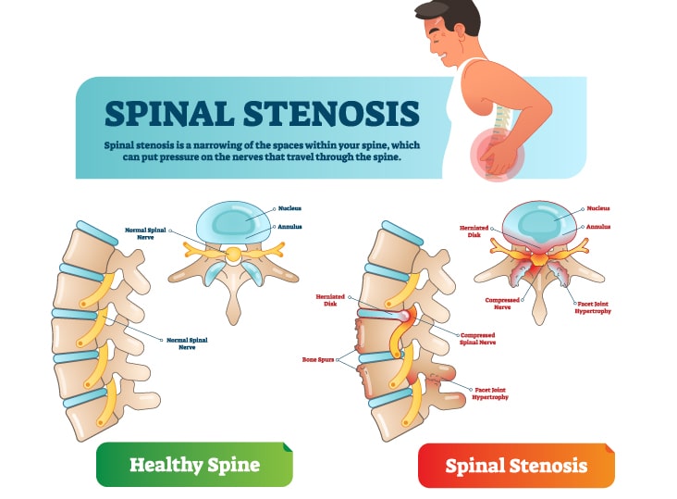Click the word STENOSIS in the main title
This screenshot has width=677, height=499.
(x=331, y=113)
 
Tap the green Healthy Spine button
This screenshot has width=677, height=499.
(x=194, y=465)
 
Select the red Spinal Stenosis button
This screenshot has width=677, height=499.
(x=516, y=466)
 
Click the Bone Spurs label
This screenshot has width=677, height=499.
(x=318, y=359)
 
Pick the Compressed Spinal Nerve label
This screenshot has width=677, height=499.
(x=477, y=339)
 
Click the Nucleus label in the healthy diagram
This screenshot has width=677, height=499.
(x=289, y=208)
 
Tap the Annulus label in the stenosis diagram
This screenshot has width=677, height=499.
(x=598, y=227)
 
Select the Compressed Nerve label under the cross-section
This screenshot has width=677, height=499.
(x=502, y=304)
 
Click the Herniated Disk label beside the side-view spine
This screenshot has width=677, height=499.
(x=330, y=300)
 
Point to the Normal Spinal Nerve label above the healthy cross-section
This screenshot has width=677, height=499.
(x=145, y=233)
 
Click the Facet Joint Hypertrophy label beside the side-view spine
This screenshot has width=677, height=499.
(x=490, y=393)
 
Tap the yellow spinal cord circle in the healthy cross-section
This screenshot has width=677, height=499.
(x=234, y=254)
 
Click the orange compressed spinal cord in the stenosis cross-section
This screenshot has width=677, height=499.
(x=539, y=259)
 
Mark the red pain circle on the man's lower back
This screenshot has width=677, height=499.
(x=497, y=155)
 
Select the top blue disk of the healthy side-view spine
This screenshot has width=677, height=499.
(x=97, y=233)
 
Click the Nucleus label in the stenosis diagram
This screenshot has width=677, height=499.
(x=598, y=208)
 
